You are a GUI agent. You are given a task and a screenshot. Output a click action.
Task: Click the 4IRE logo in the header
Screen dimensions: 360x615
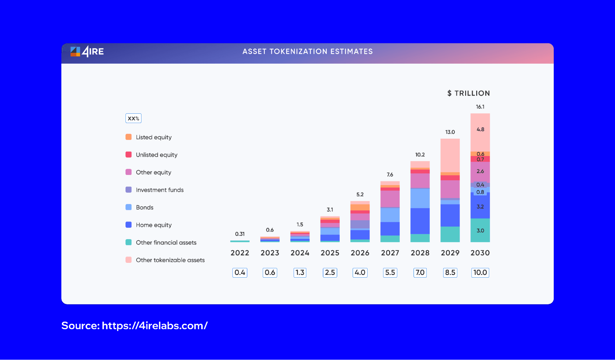[87, 51]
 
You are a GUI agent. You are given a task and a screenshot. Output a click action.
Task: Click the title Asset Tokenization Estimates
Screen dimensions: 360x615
[307, 51]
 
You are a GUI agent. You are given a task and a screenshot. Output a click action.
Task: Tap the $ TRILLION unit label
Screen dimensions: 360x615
[468, 93]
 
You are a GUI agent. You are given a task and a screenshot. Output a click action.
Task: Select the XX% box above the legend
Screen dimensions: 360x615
[133, 118]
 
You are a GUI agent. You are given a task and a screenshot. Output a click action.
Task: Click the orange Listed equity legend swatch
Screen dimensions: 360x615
[129, 137]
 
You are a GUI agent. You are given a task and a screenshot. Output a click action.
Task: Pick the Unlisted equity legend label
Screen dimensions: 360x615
[156, 155]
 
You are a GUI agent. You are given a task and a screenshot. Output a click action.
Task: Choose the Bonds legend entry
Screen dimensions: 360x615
[144, 207]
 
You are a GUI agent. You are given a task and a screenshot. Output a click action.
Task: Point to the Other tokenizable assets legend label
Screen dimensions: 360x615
[170, 260]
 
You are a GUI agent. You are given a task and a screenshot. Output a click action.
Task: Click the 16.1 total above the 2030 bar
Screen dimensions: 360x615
[480, 107]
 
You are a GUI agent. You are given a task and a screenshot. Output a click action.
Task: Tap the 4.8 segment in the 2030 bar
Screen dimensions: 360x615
[480, 129]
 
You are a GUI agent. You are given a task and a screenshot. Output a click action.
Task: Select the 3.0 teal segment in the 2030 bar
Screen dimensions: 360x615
[480, 230]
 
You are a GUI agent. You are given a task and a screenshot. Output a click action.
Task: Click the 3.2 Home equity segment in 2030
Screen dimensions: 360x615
[480, 207]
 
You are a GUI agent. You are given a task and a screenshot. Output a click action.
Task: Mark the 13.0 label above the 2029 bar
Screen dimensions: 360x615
[450, 132]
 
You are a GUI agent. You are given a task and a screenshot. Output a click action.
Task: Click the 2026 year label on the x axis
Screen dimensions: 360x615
[360, 253]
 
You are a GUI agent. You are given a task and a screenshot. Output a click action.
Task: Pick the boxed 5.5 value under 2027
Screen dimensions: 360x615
[390, 272]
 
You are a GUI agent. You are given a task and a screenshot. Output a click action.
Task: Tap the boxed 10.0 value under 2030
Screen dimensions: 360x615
[480, 272]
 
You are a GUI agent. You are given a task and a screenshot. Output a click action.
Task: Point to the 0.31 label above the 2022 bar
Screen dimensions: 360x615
[240, 234]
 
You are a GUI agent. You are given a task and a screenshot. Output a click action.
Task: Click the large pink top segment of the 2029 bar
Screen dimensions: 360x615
[450, 155]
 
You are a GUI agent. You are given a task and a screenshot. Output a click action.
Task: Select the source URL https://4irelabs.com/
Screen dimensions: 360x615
[154, 326]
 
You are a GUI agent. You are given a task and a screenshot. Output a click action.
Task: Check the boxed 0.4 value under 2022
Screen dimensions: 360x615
[240, 272]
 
